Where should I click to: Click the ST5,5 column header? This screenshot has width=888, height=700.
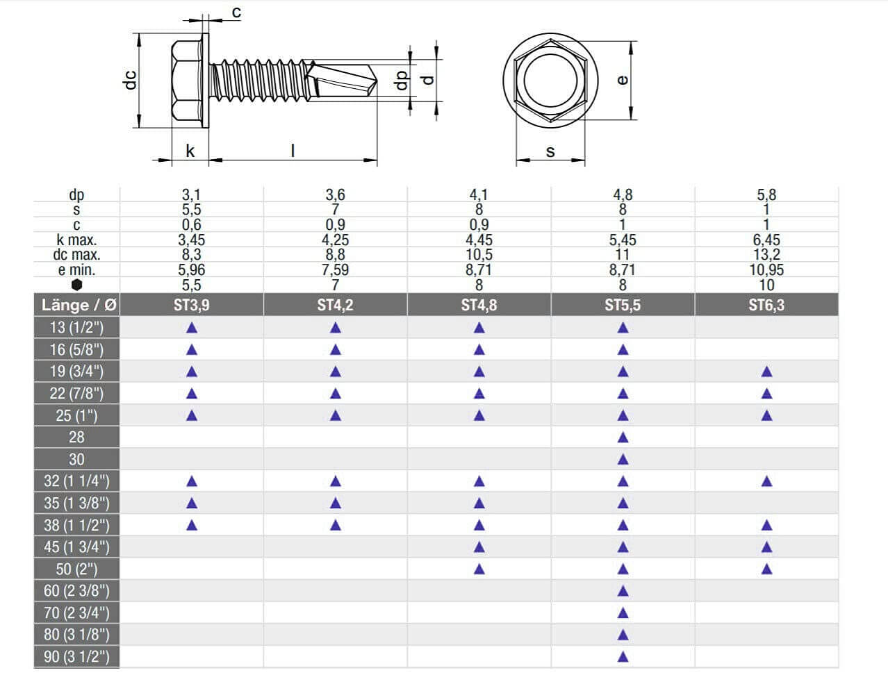click(x=623, y=306)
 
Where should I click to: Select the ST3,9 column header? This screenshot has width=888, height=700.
click(x=192, y=306)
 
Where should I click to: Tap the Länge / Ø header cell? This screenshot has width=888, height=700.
click(x=79, y=306)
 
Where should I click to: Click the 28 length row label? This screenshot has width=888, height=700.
click(x=76, y=437)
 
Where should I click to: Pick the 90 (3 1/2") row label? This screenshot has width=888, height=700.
click(x=76, y=657)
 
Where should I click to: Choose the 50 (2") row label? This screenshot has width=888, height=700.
click(x=76, y=569)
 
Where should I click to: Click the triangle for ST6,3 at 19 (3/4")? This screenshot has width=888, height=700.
click(x=766, y=372)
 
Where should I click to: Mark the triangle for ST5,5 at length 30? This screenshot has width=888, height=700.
click(x=623, y=460)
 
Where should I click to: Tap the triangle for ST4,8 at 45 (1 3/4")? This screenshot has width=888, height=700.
click(x=479, y=547)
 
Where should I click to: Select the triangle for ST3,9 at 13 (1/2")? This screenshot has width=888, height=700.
click(x=192, y=328)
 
